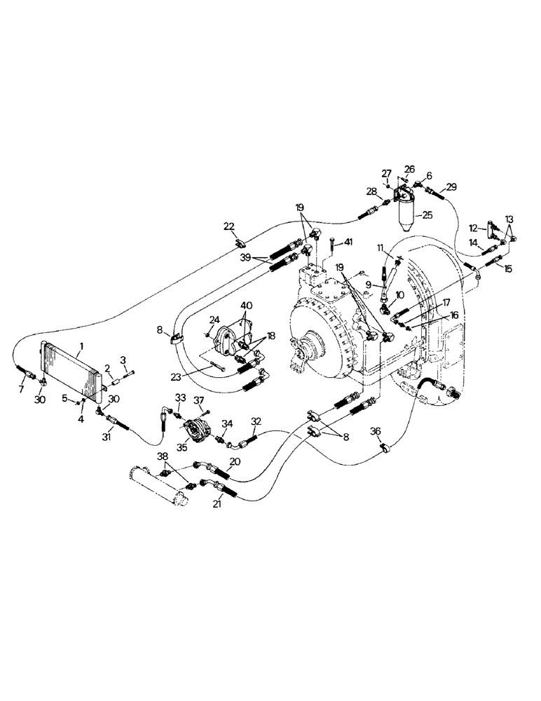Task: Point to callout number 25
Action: coord(427,216)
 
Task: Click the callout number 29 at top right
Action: coord(451,186)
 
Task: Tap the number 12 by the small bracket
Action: coord(474,227)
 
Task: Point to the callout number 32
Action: coord(256,421)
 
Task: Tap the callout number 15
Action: coord(508,269)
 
